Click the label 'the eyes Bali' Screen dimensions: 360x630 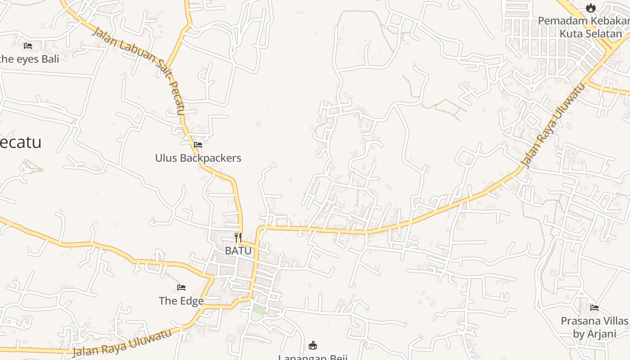(x=30, y=59)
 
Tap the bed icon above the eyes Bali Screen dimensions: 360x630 (x=28, y=46)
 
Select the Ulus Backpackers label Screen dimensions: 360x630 (x=198, y=158)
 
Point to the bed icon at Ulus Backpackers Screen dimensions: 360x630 (x=198, y=145)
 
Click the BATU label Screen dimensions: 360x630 (x=238, y=251)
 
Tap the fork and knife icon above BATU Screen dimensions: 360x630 (x=238, y=238)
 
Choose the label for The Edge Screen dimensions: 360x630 (x=181, y=301)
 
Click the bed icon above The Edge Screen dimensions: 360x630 (x=181, y=288)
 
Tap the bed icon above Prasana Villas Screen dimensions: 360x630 (x=594, y=308)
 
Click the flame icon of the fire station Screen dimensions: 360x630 (x=591, y=8)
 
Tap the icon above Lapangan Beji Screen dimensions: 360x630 (x=313, y=346)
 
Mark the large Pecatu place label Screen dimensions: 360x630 (x=21, y=142)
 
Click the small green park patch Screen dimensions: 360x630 (x=259, y=310)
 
